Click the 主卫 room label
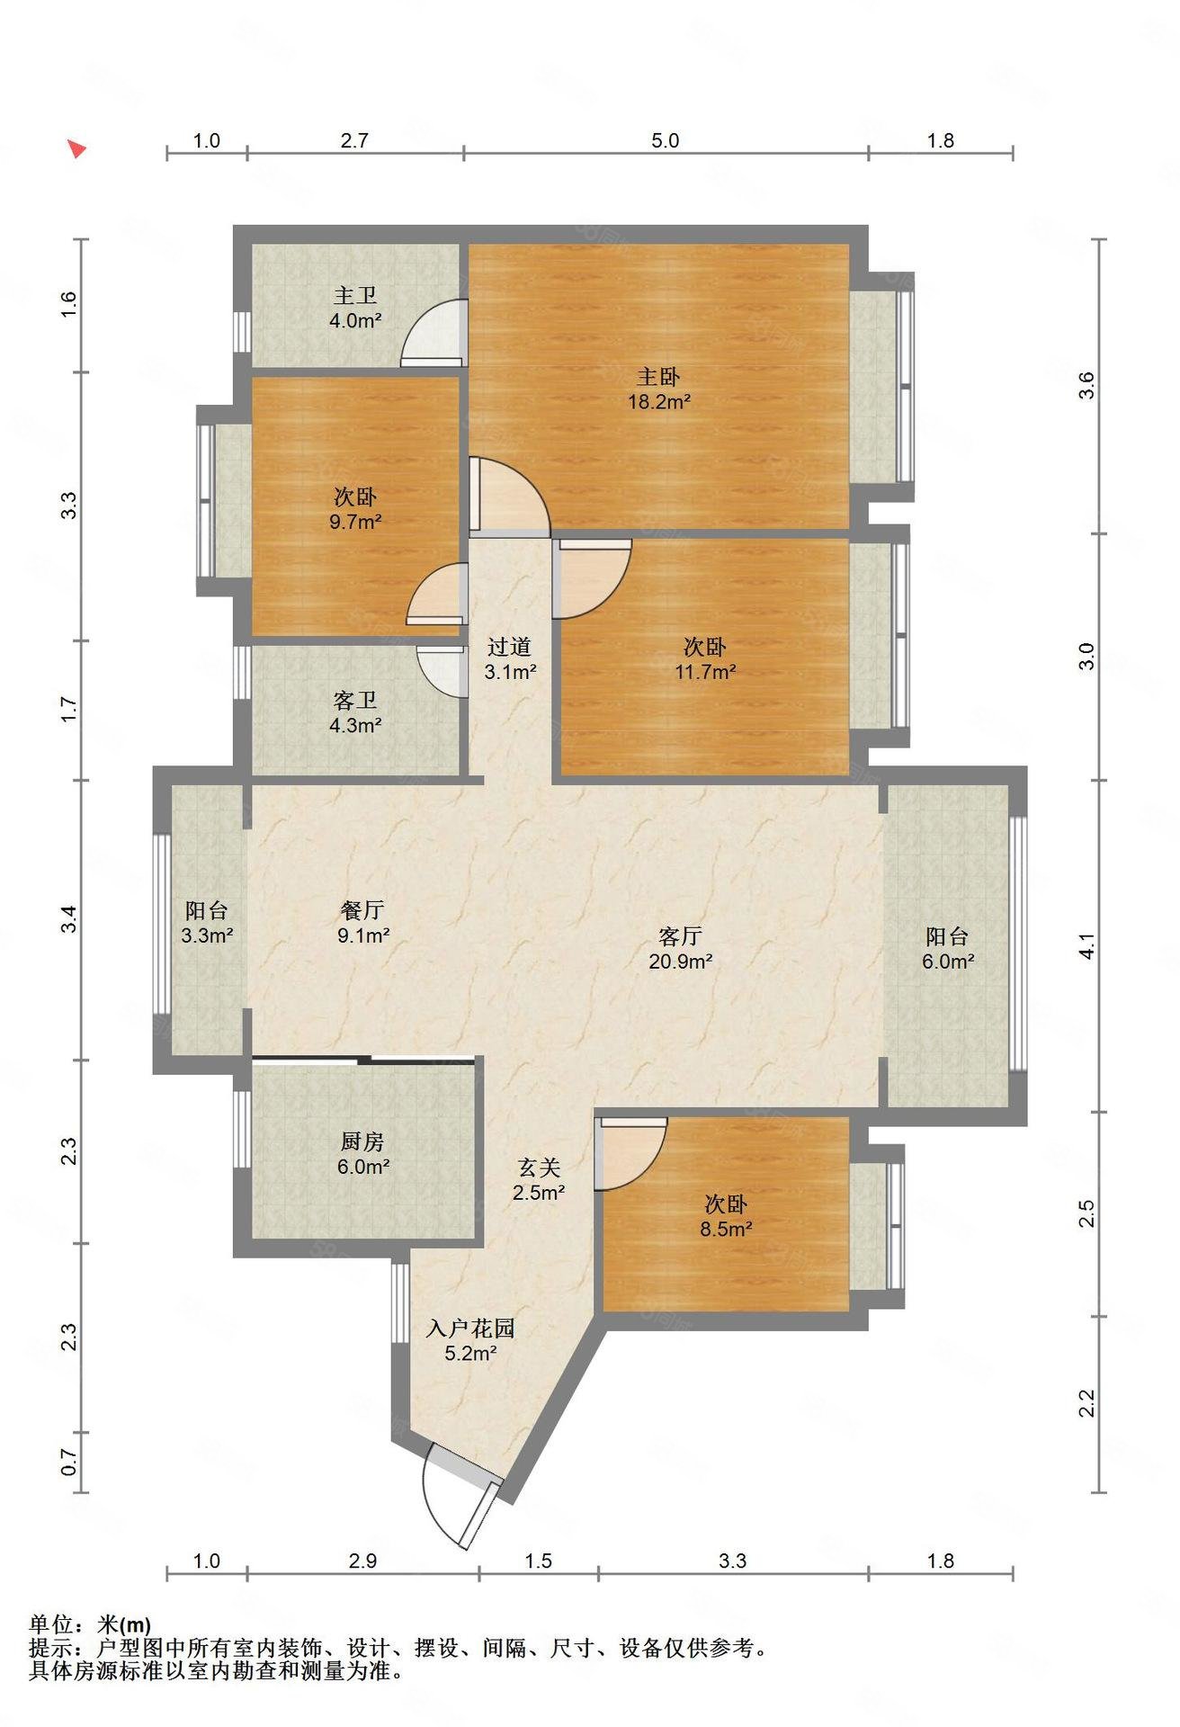point(355,295)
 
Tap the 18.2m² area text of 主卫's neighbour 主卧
point(658,402)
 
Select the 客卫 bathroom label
point(355,700)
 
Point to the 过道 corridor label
point(510,647)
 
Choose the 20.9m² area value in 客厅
point(681,961)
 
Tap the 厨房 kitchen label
point(363,1141)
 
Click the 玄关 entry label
point(539,1168)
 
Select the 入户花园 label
point(470,1328)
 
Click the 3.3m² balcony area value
point(207,935)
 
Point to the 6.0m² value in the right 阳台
point(948,961)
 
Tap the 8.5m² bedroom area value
point(726,1229)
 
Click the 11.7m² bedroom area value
point(705,671)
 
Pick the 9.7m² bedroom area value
point(355,521)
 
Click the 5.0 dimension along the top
point(666,140)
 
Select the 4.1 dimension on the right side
point(1087,946)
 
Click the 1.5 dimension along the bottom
point(538,1561)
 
